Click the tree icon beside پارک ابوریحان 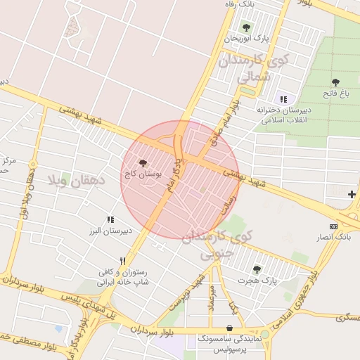246,27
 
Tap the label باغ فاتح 335,93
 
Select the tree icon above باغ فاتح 335,82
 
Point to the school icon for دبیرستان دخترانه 283,99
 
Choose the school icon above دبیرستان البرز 110,219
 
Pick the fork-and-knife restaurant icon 122,261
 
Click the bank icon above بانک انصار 333,226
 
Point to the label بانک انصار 334,238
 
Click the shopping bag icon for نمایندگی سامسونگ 230,328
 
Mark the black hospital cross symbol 352,194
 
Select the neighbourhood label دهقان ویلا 75,181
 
